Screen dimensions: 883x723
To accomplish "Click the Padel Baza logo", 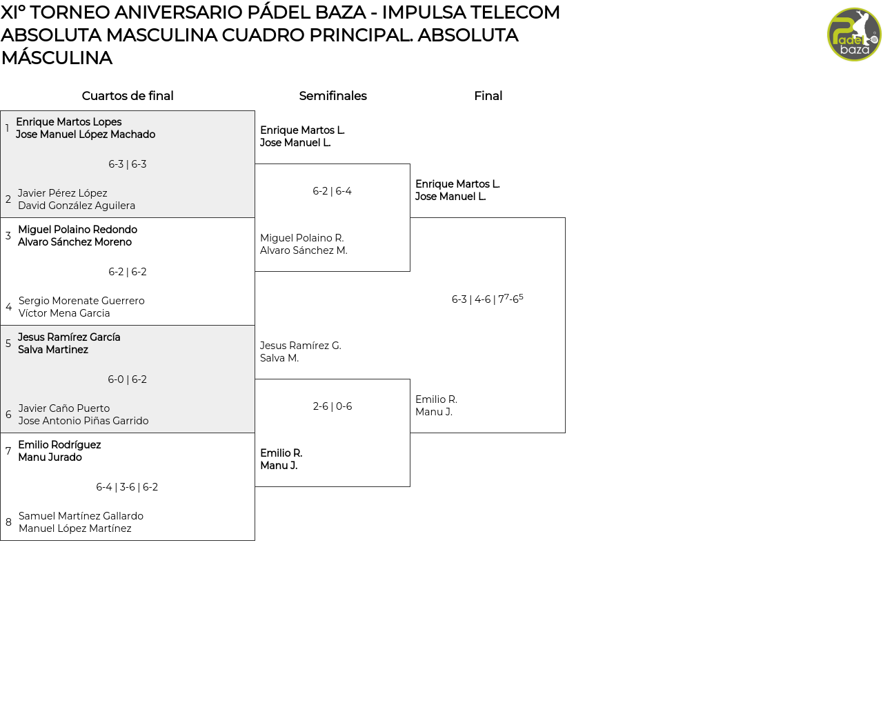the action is (854, 34).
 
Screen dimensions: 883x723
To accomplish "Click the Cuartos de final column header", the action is (128, 96).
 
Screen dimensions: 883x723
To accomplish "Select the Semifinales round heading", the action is (333, 96).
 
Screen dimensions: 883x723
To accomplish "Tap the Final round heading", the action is (488, 96).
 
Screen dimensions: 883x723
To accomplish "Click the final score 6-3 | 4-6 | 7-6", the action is (487, 299).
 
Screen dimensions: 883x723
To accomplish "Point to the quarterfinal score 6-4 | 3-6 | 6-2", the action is (127, 487).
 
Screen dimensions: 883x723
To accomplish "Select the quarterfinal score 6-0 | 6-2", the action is (128, 379).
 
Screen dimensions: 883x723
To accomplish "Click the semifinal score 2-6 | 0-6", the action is (333, 406).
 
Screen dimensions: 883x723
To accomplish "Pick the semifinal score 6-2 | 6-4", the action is (332, 191).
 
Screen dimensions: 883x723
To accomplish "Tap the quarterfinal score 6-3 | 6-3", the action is (128, 164).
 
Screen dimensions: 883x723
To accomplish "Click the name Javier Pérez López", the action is (62, 193).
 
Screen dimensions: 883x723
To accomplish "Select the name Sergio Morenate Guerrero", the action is (81, 301).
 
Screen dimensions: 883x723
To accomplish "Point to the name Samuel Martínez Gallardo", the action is (81, 516).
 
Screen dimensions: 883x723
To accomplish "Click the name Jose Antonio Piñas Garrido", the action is (83, 421).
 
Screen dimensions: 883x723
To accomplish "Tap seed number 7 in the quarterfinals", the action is (8, 451).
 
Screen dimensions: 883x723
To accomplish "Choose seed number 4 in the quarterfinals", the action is (8, 307).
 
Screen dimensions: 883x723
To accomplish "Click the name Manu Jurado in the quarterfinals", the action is (50, 457).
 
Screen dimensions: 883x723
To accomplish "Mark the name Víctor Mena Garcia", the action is (64, 313).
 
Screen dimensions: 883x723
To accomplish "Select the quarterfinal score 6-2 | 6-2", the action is (128, 272).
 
